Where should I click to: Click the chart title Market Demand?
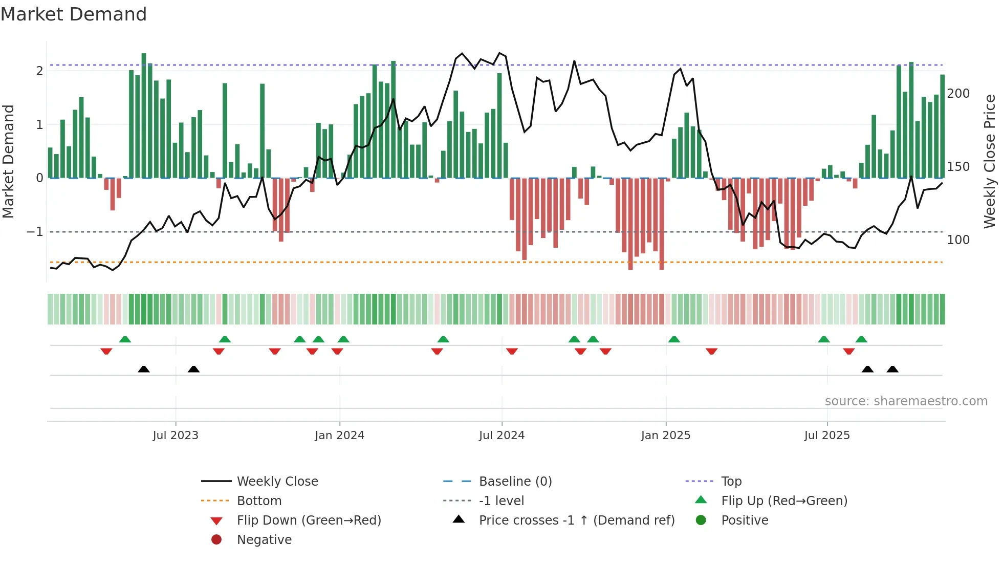[x=74, y=14]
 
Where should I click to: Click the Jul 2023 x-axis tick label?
[x=176, y=436]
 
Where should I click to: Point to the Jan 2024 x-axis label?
[x=339, y=436]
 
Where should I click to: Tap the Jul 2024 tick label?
[x=501, y=436]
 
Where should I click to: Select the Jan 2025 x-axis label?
[x=665, y=436]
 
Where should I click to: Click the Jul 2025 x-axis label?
[x=826, y=436]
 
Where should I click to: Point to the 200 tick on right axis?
[x=958, y=94]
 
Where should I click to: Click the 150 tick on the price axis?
[x=958, y=167]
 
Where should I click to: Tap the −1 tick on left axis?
[x=35, y=232]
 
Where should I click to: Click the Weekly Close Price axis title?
[x=990, y=161]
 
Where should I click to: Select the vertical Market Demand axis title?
[x=9, y=161]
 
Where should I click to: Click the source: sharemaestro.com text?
[x=906, y=401]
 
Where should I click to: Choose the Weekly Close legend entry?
[x=277, y=482]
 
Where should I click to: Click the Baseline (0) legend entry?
[x=515, y=482]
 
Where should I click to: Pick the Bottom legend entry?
[x=259, y=501]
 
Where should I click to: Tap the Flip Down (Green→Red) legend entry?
[x=309, y=520]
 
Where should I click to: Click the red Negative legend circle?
[x=216, y=540]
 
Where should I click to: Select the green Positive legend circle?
[x=701, y=520]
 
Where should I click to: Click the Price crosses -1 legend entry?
[x=576, y=520]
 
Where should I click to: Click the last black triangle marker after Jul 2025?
[x=892, y=370]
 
